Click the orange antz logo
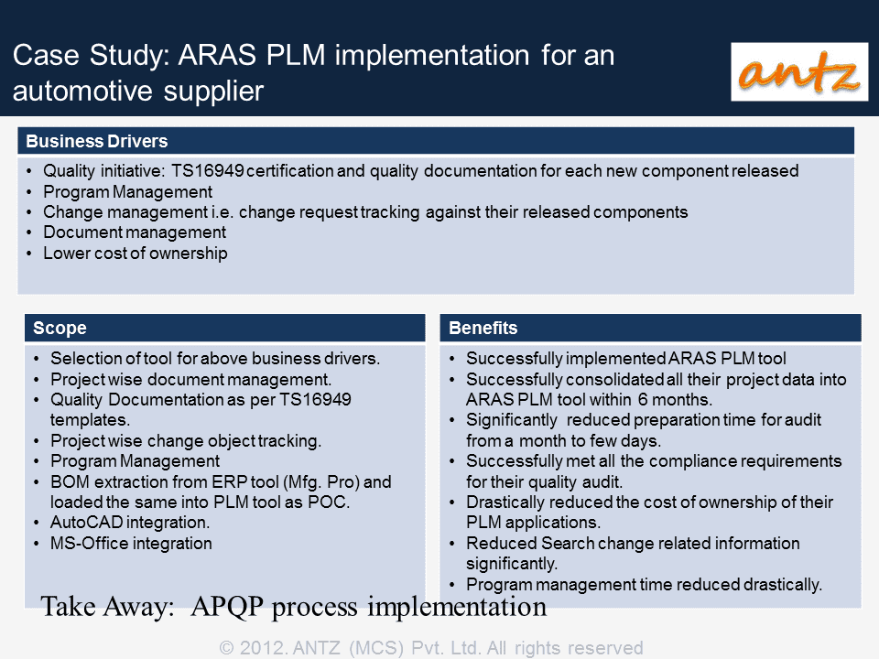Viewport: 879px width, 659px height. (x=798, y=71)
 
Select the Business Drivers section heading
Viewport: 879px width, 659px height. (x=97, y=141)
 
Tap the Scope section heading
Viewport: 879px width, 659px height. (x=60, y=328)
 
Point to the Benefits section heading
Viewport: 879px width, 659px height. (x=483, y=328)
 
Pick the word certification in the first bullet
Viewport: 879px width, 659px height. (x=290, y=171)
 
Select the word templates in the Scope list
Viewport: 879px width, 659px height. (x=90, y=420)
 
